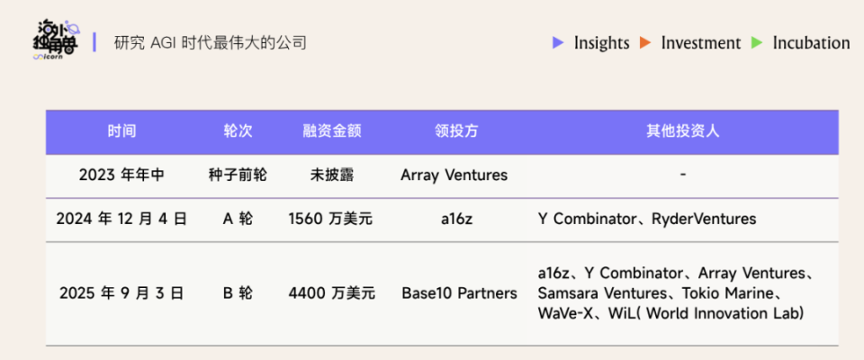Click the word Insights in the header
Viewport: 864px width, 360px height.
601,43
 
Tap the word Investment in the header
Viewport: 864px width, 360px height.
700,43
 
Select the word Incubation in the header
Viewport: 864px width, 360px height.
811,43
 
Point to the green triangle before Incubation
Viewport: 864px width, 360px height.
757,42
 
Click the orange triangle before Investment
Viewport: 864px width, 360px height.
645,42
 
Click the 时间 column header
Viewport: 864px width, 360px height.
121,131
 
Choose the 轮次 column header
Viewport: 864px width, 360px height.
238,131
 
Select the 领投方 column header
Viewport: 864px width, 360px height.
455,131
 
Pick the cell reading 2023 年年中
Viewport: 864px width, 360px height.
121,175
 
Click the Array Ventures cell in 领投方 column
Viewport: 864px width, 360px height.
454,175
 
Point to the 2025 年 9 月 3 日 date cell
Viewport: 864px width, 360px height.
121,292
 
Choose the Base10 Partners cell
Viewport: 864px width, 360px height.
459,292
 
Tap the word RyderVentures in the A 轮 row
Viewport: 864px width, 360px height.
704,219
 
